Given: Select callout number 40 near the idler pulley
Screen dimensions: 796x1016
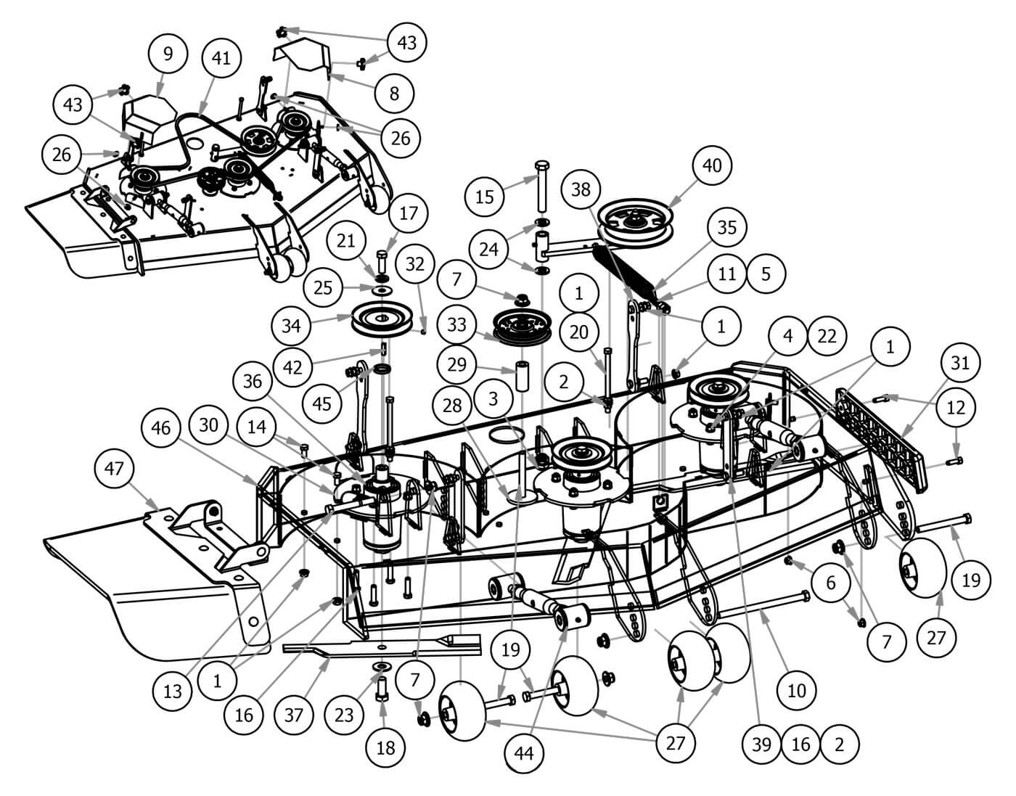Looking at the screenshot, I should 712,165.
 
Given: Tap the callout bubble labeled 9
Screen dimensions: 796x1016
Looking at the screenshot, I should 168,53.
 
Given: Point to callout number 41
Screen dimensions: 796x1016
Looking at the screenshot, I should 221,58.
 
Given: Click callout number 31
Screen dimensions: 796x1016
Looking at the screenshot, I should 959,362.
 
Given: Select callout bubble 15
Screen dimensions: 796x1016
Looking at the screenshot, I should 484,196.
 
